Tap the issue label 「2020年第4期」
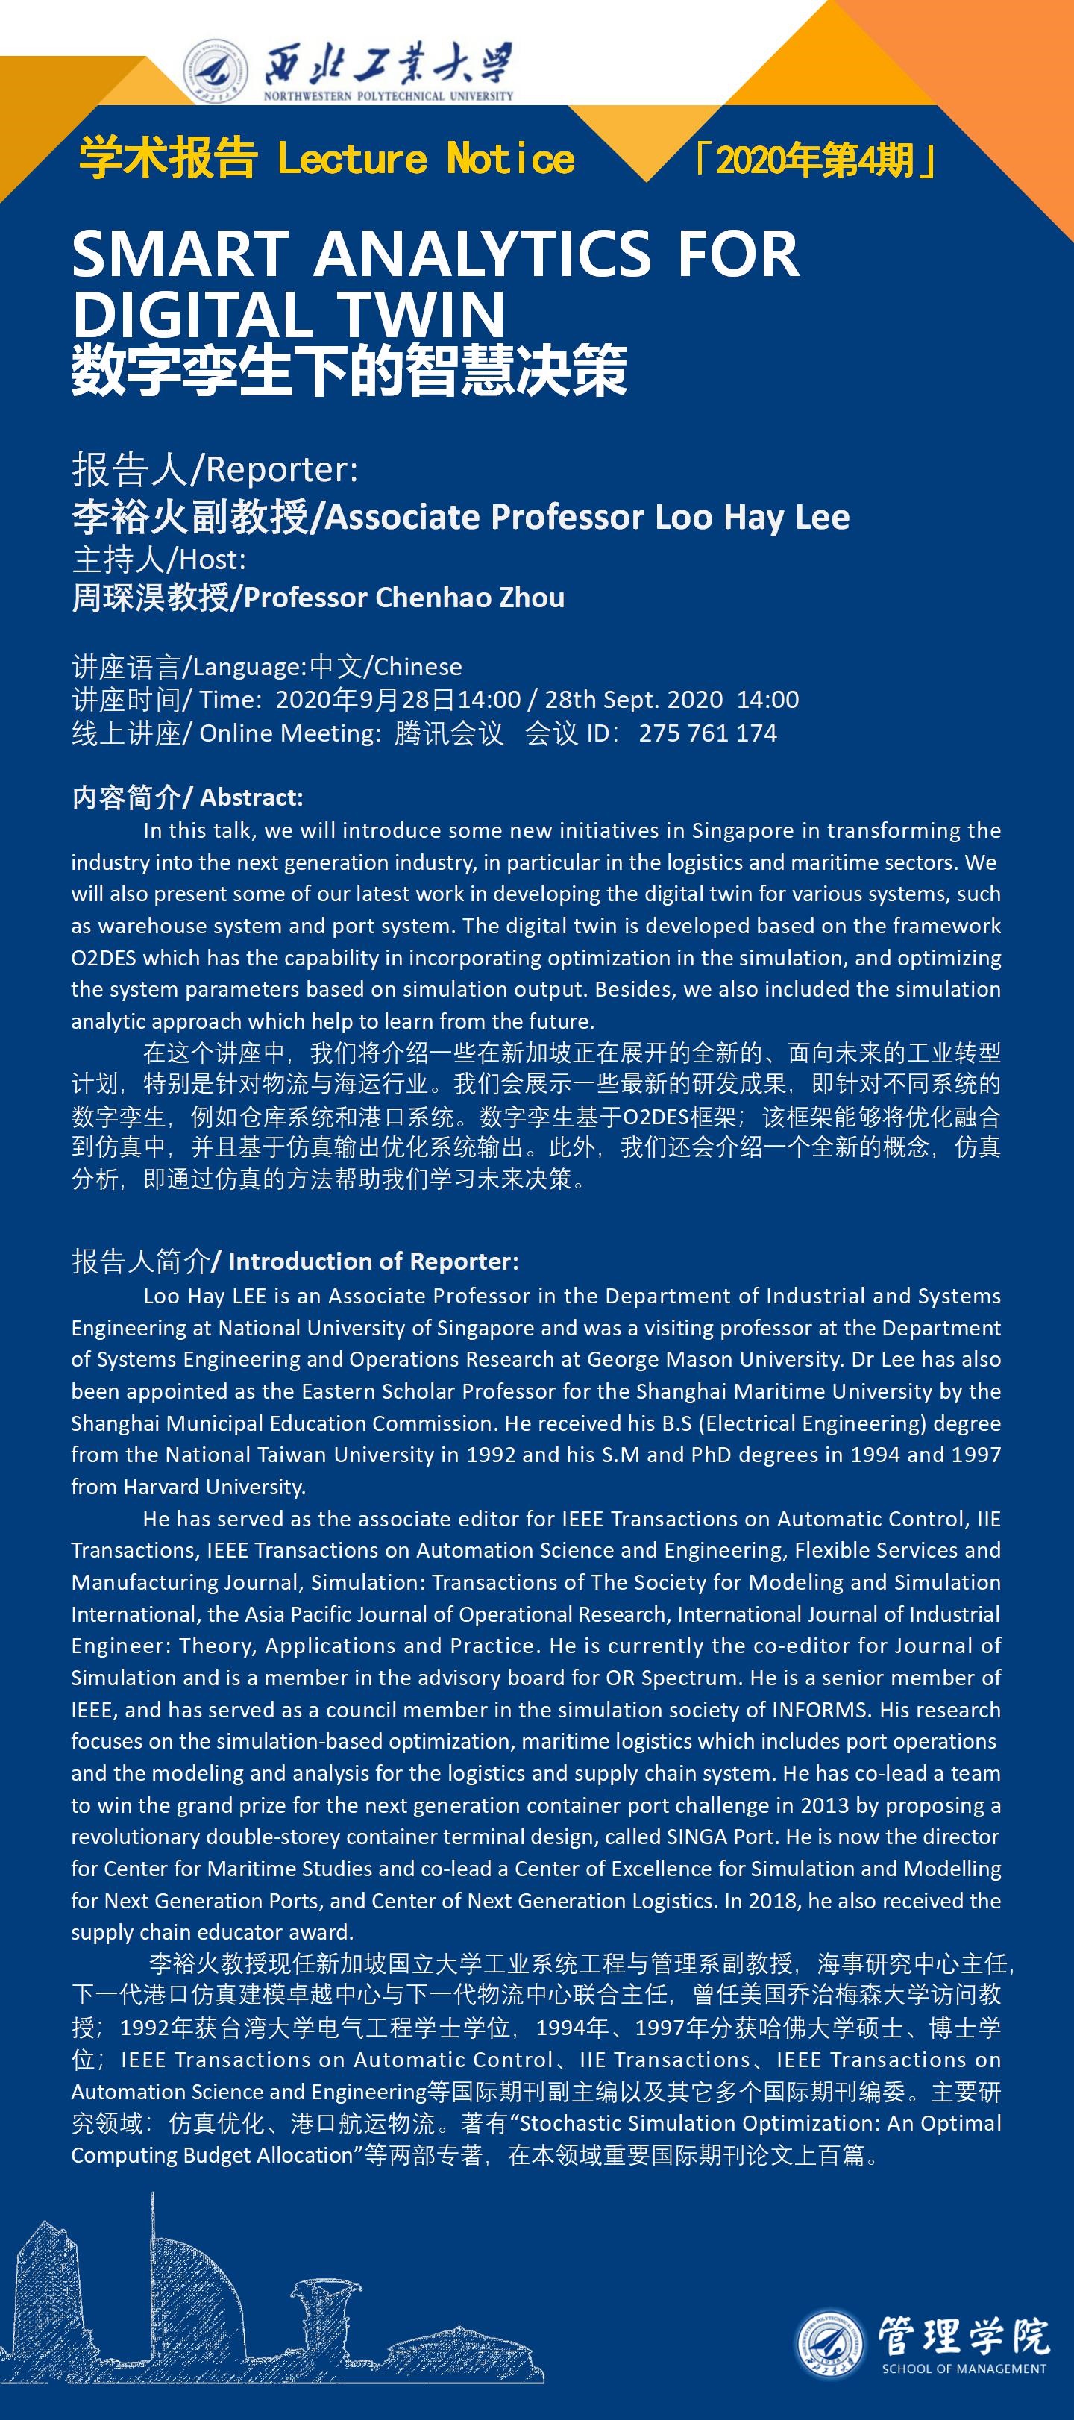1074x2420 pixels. tap(814, 160)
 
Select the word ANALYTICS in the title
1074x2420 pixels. tap(482, 254)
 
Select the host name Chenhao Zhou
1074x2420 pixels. tap(470, 598)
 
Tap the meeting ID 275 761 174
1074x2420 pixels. tap(708, 733)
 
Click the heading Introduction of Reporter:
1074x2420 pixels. tap(373, 1261)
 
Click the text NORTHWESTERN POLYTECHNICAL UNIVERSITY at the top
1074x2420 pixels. tap(388, 95)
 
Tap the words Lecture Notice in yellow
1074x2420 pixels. tap(426, 159)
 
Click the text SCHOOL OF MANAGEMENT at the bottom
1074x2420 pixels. tap(963, 2369)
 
